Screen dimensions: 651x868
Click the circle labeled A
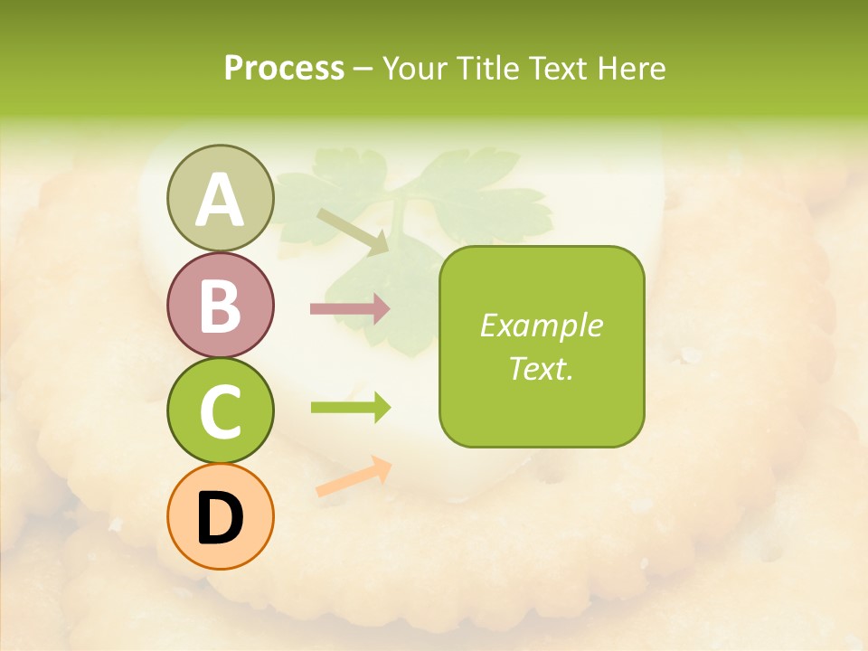tap(220, 198)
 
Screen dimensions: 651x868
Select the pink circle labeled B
tap(220, 305)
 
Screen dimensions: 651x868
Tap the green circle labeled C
tap(220, 410)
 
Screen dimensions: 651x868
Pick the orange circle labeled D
tap(220, 516)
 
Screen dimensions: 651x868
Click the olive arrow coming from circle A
tap(353, 230)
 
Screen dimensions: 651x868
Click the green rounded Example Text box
tap(542, 346)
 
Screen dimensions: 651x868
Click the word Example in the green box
tap(542, 325)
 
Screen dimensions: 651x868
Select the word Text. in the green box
tap(542, 368)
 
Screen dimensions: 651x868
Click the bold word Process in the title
tap(284, 68)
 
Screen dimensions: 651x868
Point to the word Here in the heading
tap(630, 68)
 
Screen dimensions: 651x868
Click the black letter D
tap(220, 519)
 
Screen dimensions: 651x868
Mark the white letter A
tap(220, 200)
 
